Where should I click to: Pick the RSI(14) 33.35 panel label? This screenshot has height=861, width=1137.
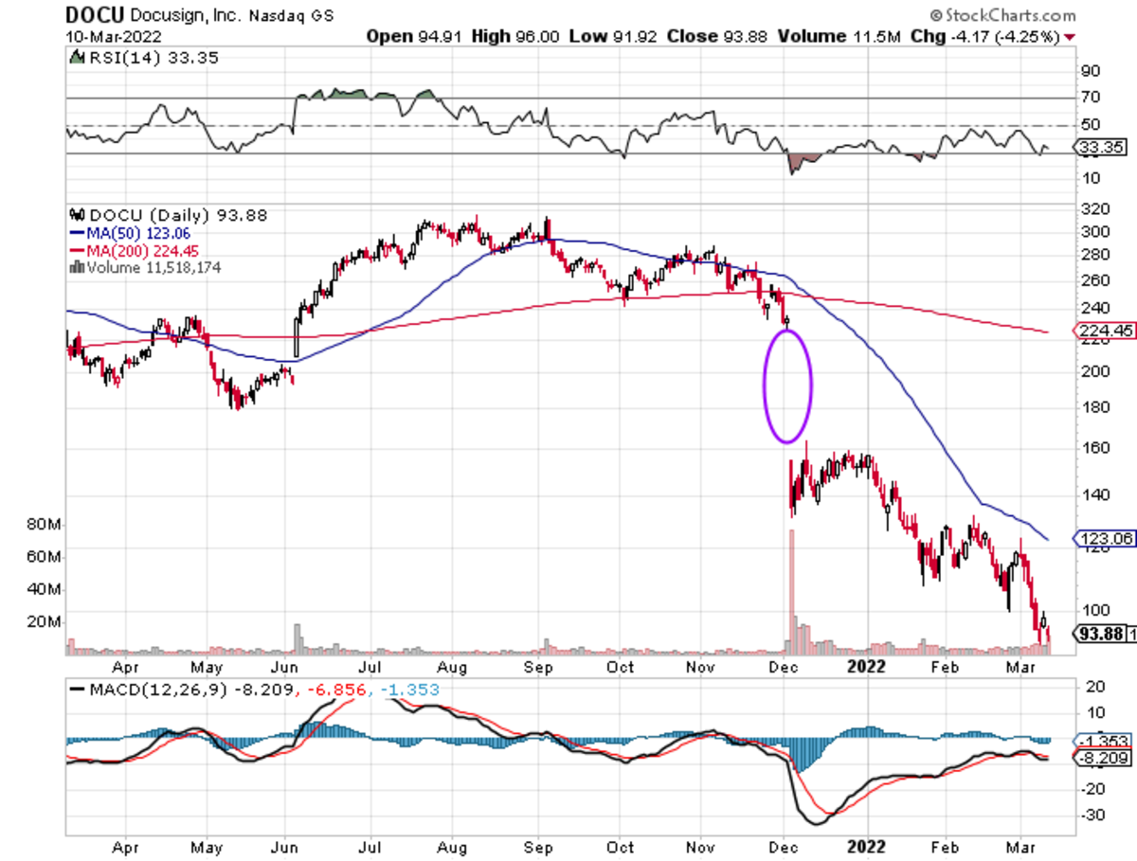coord(122,58)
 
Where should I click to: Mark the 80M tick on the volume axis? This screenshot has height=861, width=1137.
coord(44,524)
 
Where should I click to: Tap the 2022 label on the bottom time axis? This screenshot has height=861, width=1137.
coord(865,666)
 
